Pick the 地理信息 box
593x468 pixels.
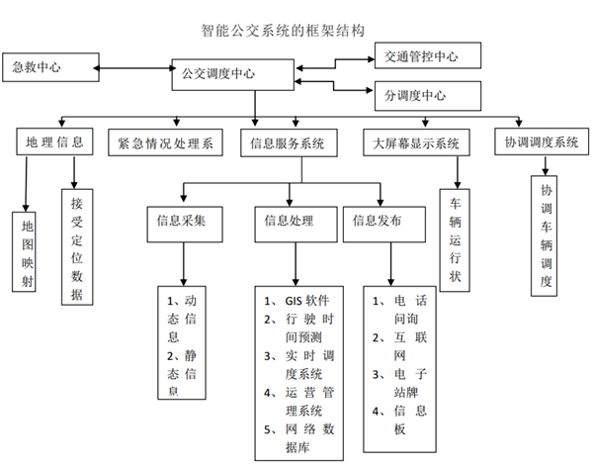pyautogui.click(x=54, y=142)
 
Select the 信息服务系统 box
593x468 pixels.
pyautogui.click(x=289, y=142)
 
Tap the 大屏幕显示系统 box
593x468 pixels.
pyautogui.click(x=418, y=142)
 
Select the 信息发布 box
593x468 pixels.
pyautogui.click(x=379, y=221)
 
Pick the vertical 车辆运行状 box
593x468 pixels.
pyautogui.click(x=456, y=238)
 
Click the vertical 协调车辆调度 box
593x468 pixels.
pyautogui.click(x=546, y=234)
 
